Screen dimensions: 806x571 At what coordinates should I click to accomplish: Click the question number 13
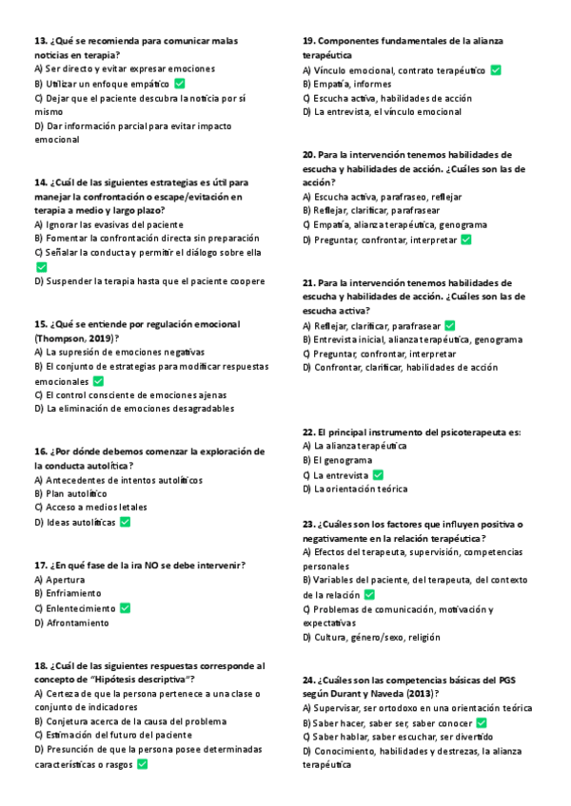40,41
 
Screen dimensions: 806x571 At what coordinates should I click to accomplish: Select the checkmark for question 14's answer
40,267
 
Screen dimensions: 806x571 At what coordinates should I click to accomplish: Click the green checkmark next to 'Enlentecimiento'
125,608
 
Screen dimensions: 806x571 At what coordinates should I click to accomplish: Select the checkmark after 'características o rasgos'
143,763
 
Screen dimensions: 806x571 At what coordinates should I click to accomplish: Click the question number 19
309,41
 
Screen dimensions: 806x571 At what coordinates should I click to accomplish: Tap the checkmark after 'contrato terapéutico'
496,70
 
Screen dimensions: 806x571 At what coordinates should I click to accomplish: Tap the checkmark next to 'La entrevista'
379,475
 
